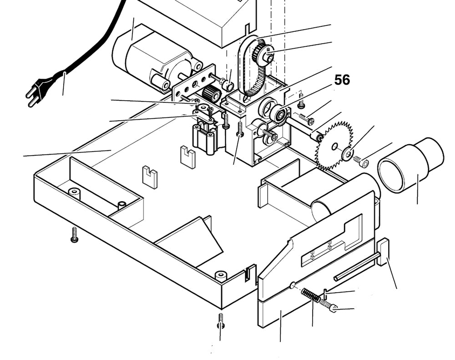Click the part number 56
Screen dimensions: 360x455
[342, 80]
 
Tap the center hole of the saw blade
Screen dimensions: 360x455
[335, 147]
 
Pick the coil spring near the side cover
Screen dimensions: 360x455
[310, 295]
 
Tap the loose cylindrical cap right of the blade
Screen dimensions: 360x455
[409, 165]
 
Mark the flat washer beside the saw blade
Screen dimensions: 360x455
[348, 154]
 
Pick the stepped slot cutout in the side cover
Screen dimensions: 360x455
[332, 241]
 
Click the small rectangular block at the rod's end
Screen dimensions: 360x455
[383, 252]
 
